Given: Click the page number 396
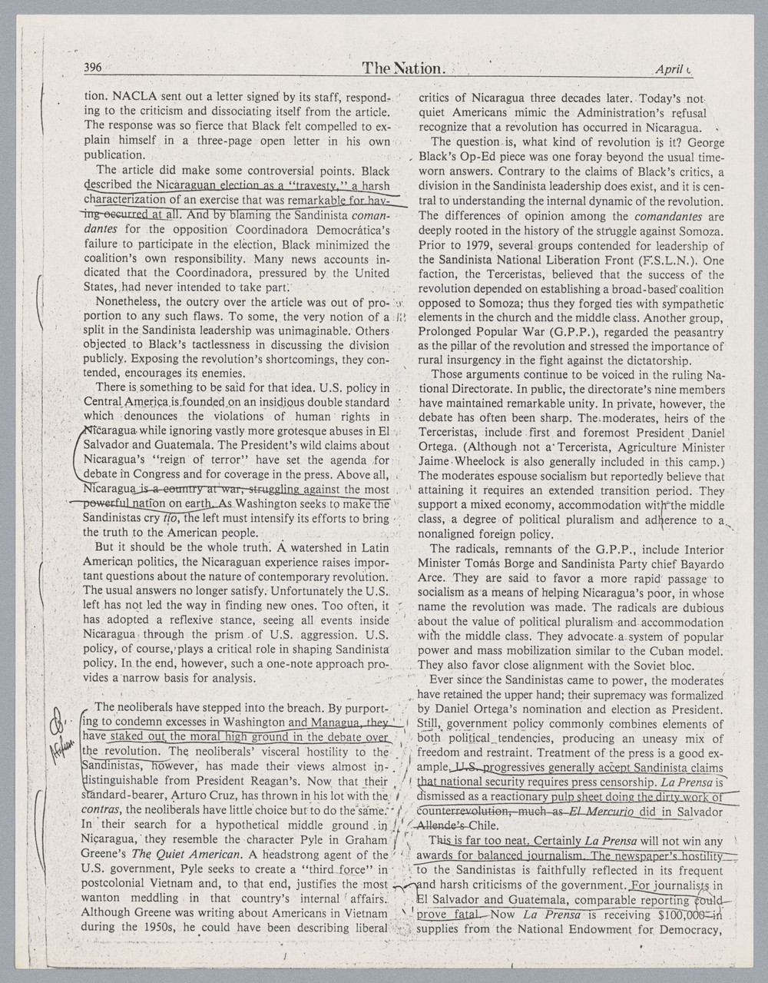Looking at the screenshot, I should point(92,68).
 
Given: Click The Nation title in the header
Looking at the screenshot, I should point(404,68).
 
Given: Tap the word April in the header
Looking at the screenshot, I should point(670,69).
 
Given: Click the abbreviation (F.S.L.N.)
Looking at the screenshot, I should point(661,260).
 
